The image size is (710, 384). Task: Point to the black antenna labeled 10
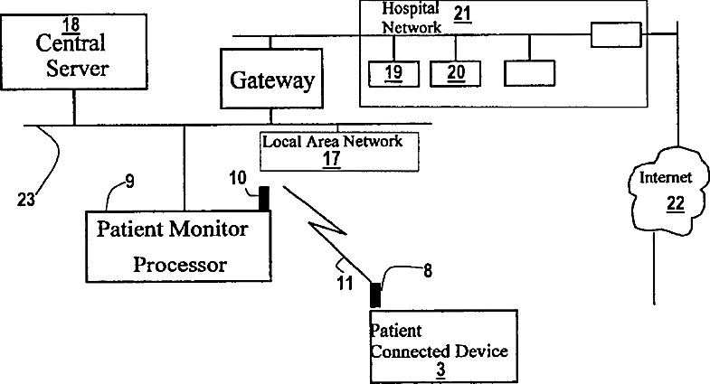tap(263, 199)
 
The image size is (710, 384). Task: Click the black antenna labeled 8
tap(375, 295)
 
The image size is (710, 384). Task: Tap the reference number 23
tap(26, 199)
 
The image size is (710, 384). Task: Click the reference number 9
tap(130, 182)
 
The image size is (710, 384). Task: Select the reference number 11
tap(345, 284)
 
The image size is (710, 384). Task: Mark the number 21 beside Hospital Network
tap(462, 14)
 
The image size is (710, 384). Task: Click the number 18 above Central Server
tap(71, 25)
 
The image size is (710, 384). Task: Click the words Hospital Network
tap(412, 18)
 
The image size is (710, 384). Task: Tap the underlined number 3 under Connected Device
tap(440, 370)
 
